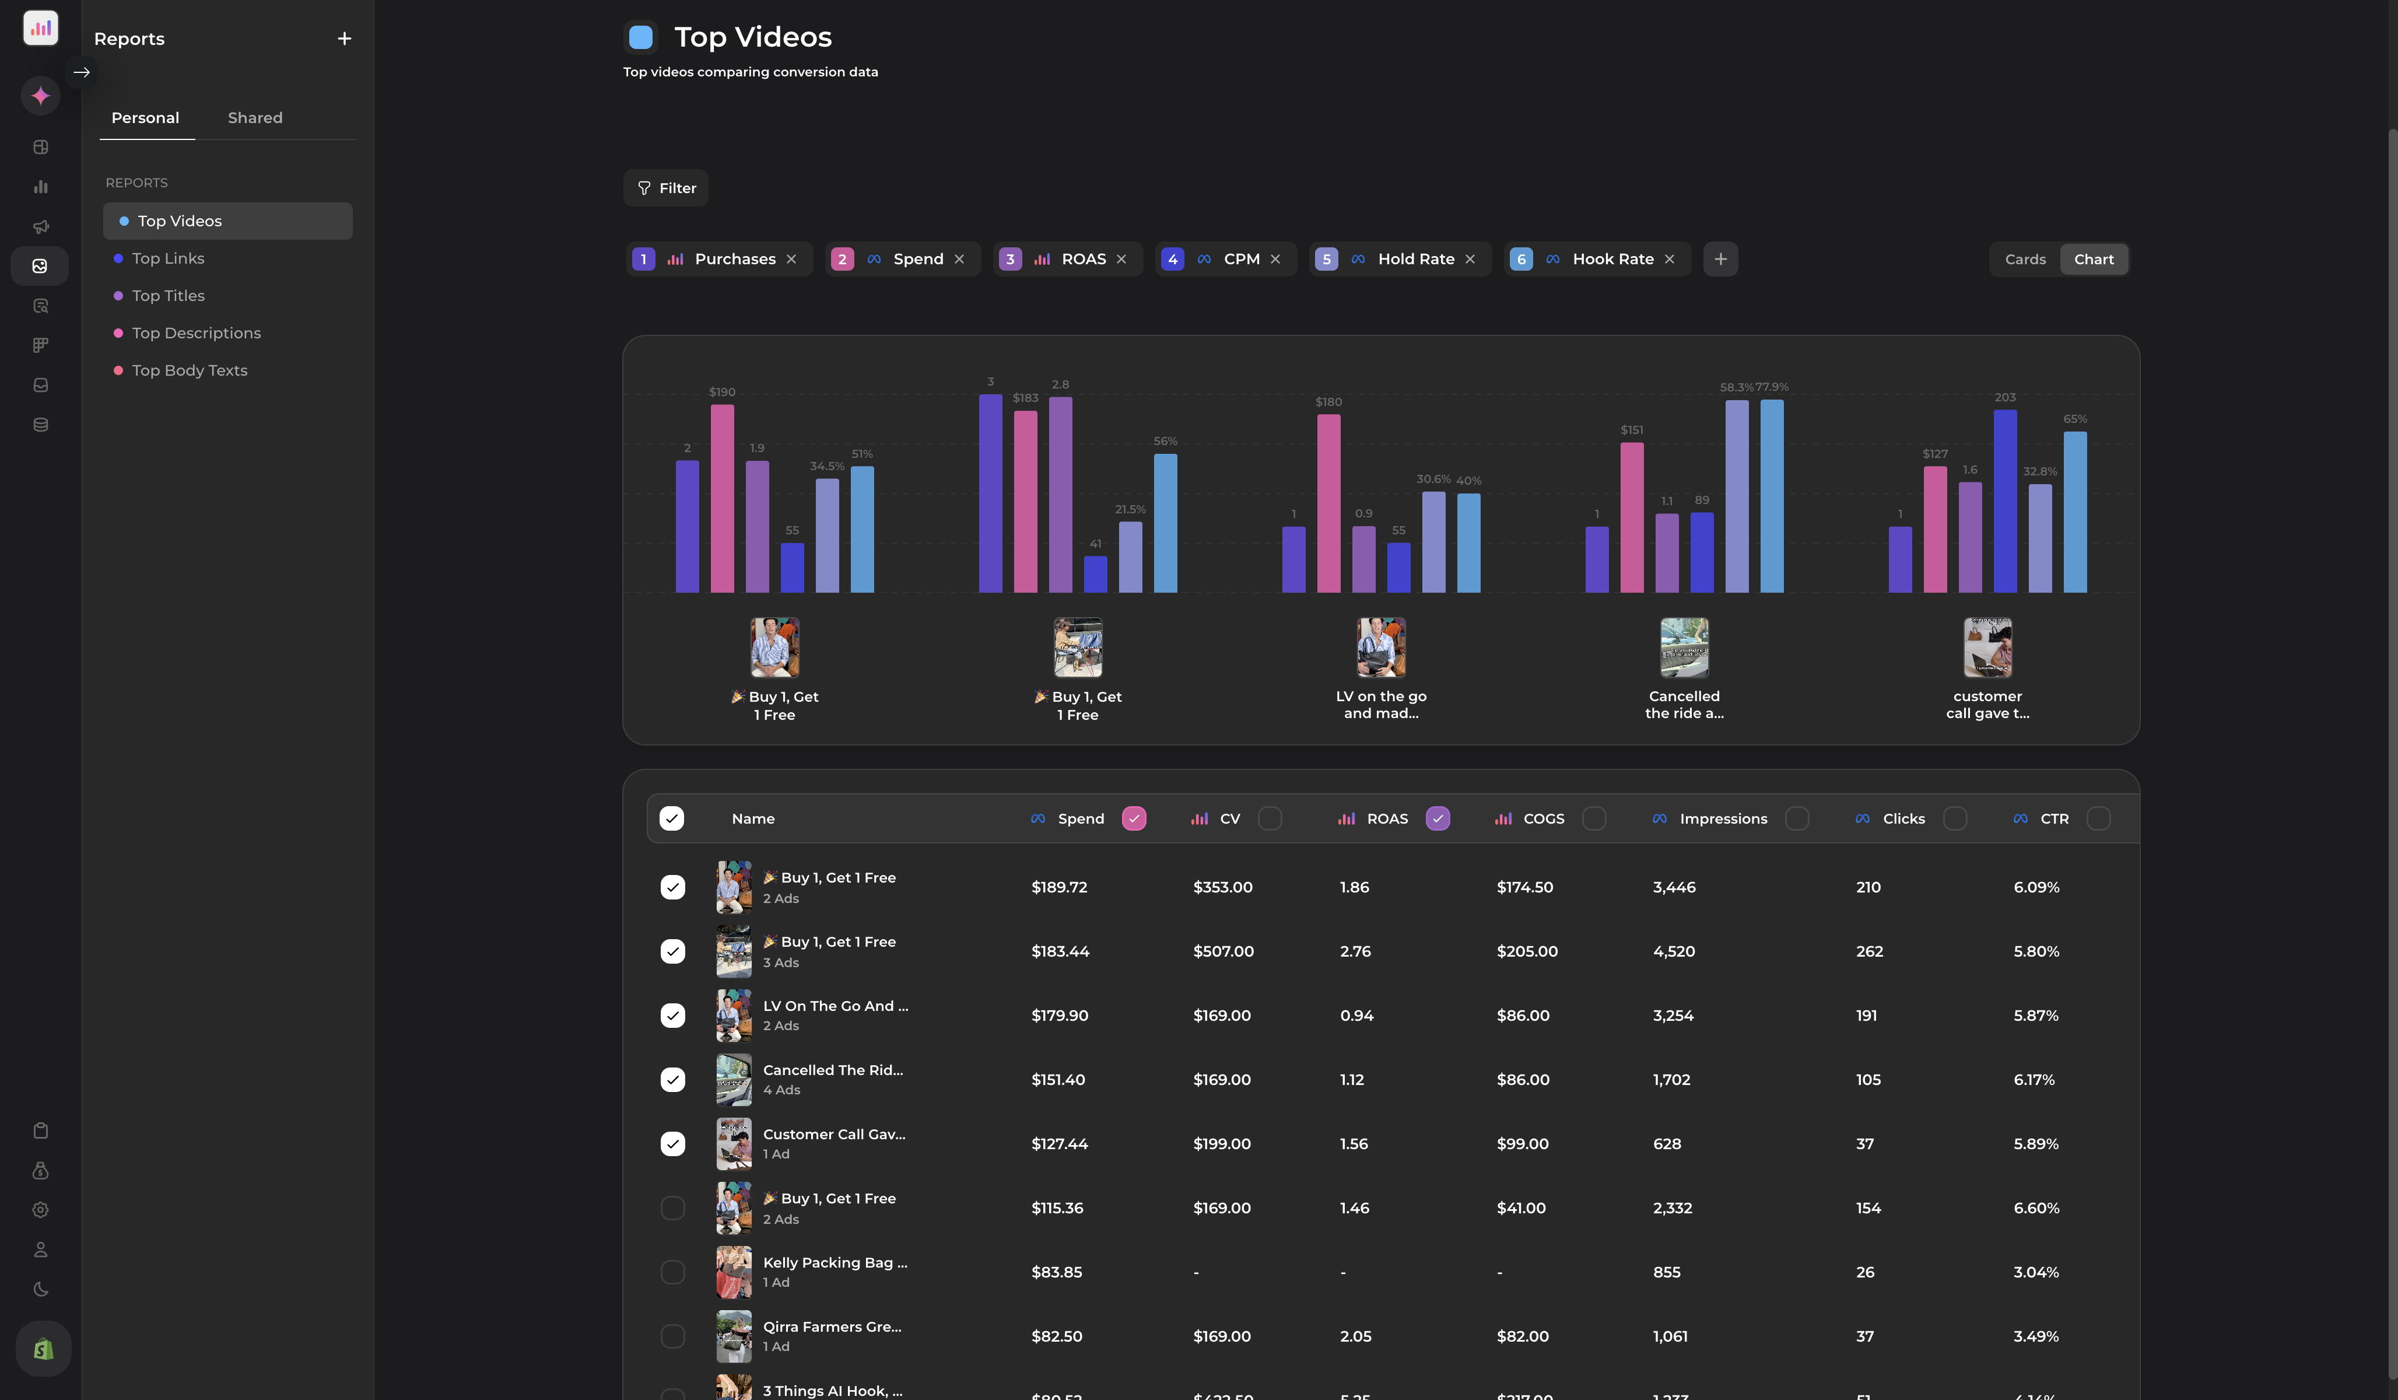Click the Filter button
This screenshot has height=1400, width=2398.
click(x=666, y=188)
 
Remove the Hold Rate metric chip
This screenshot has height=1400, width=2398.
click(x=1470, y=260)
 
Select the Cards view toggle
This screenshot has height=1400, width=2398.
click(x=2024, y=260)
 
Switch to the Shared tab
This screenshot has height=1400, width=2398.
click(x=255, y=118)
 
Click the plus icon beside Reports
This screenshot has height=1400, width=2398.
click(x=345, y=39)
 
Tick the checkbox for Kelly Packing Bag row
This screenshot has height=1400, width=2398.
click(x=673, y=1272)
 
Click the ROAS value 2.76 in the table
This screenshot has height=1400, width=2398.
click(x=1355, y=952)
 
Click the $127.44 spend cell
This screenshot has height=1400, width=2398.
click(x=1059, y=1144)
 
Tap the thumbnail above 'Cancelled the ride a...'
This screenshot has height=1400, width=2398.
click(x=1684, y=647)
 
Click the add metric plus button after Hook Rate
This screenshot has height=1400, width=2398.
click(x=1720, y=260)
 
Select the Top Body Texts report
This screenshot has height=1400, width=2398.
click(x=190, y=371)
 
